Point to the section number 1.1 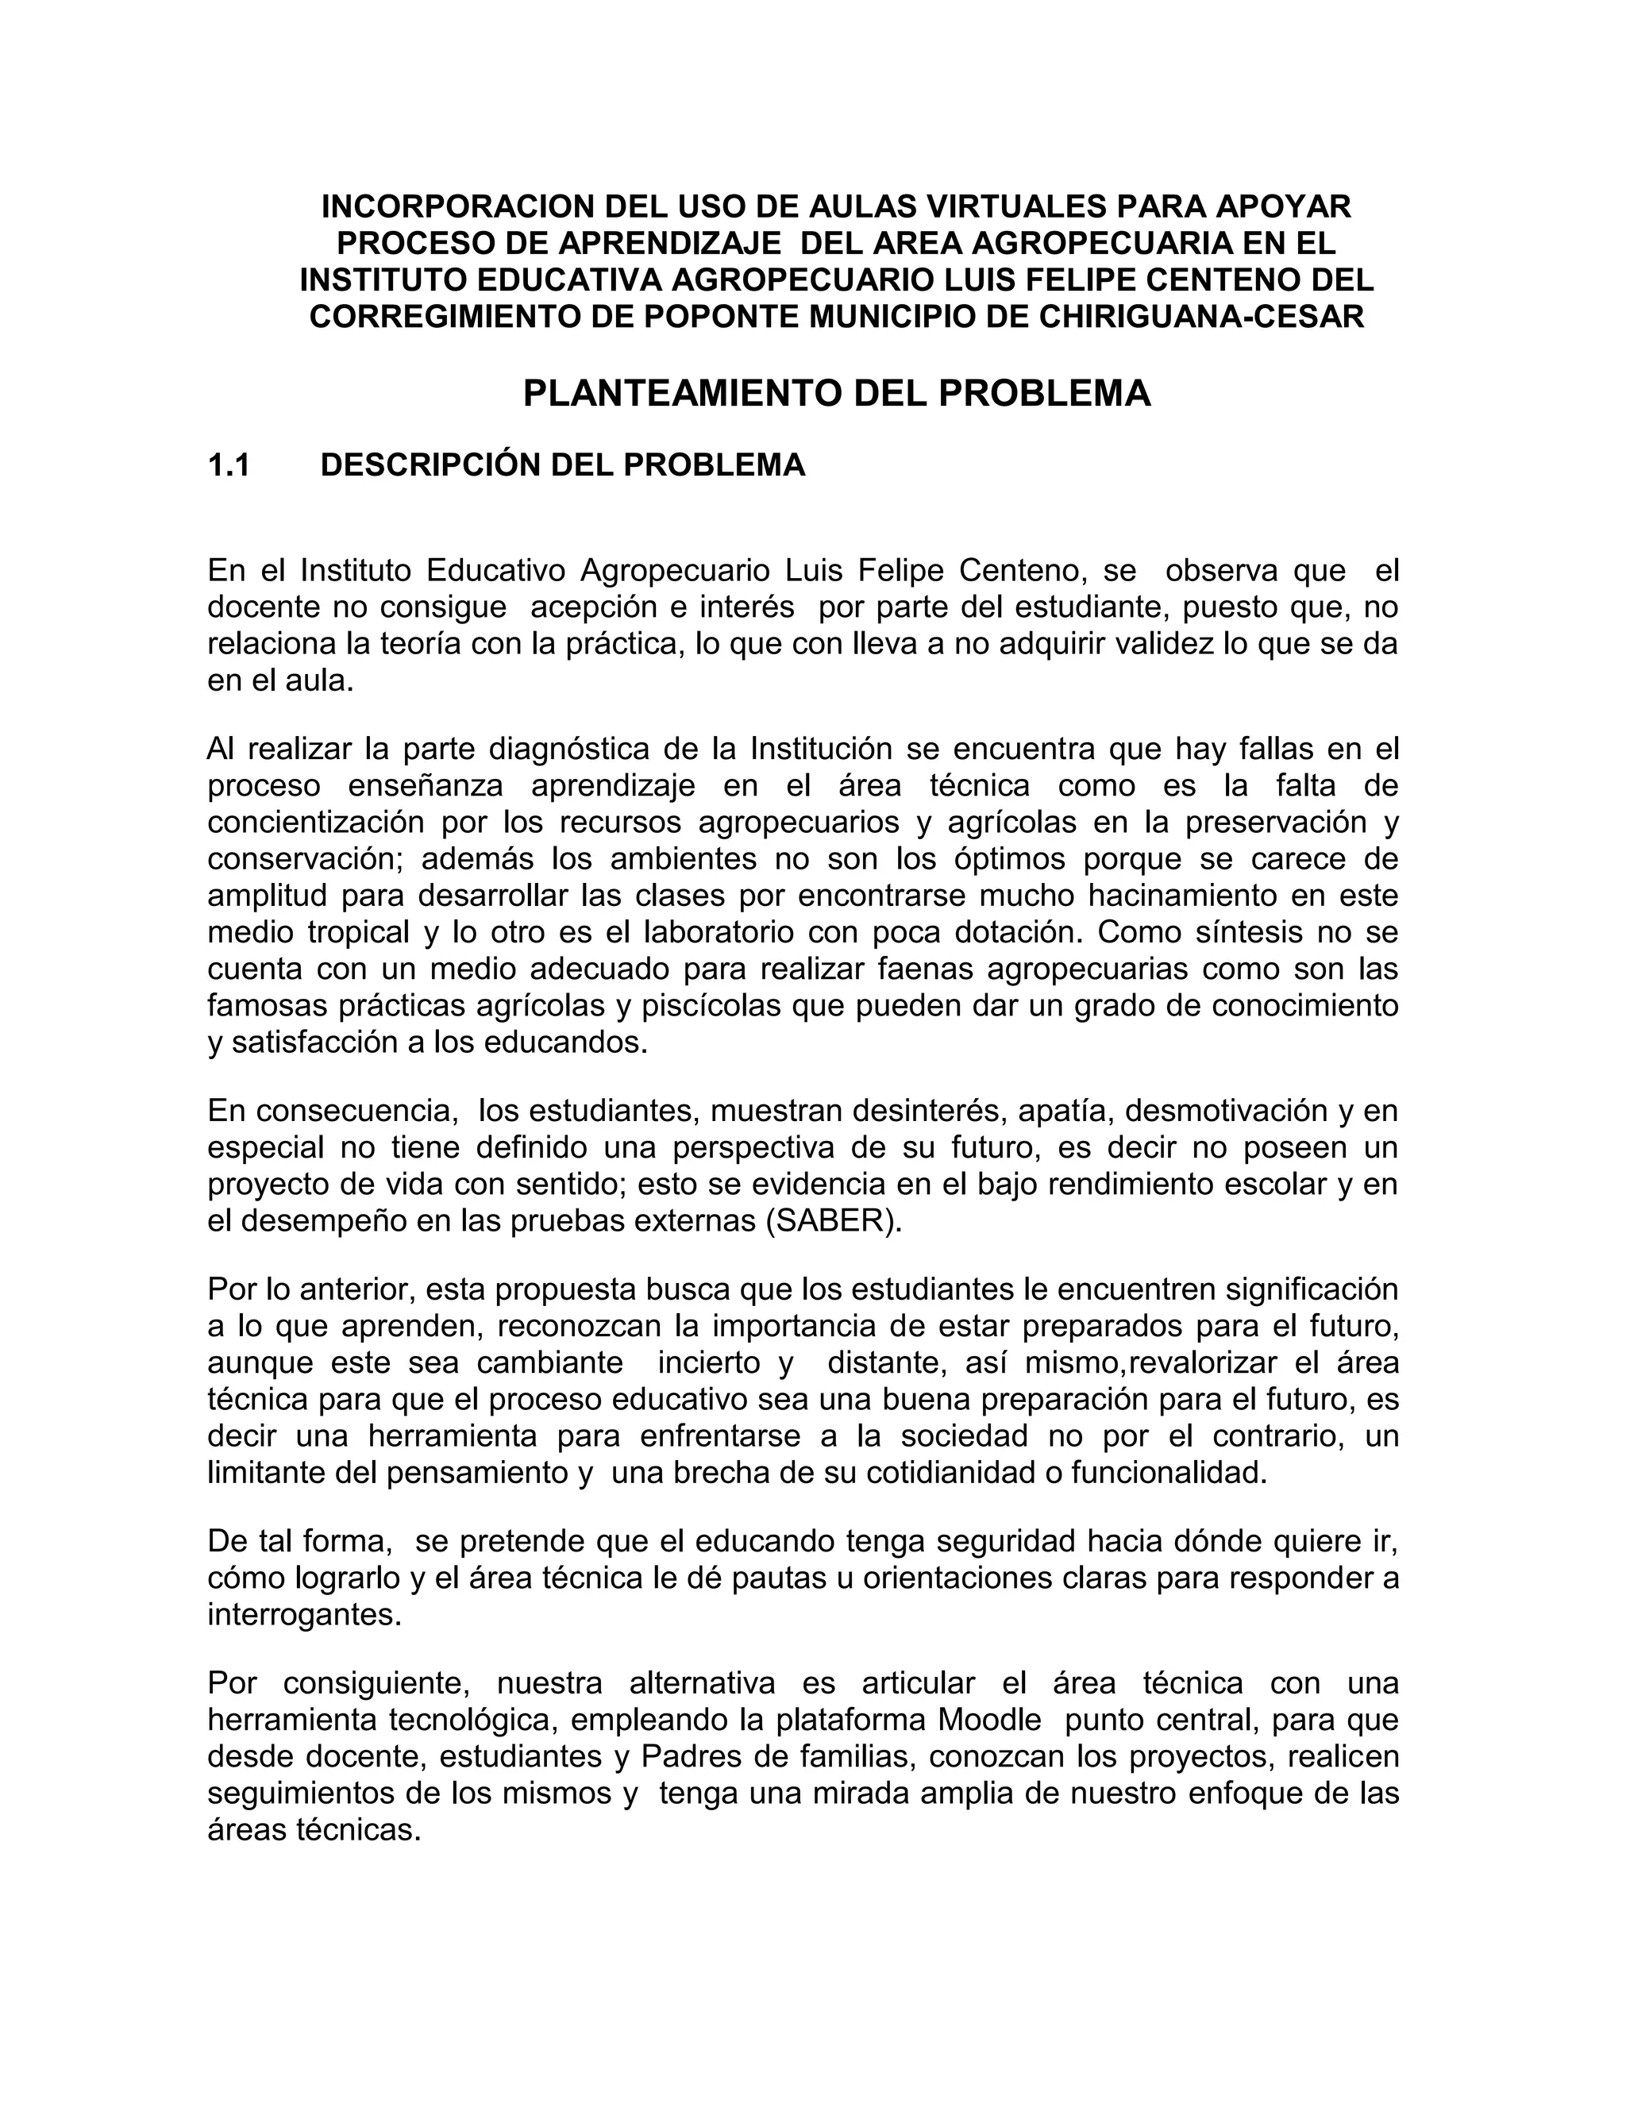click(229, 465)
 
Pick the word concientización click(317, 822)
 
